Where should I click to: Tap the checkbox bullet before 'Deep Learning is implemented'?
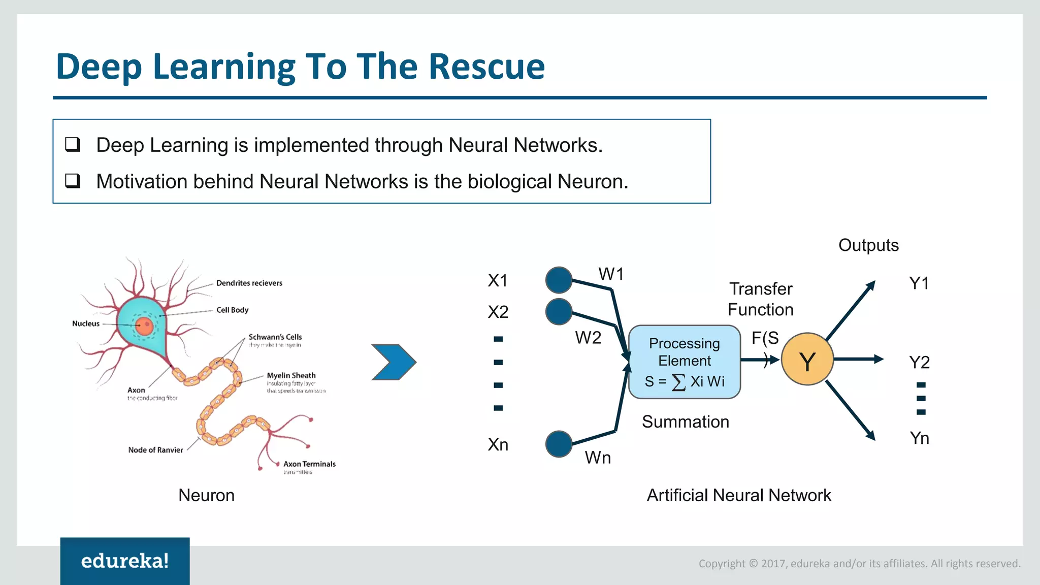pyautogui.click(x=73, y=145)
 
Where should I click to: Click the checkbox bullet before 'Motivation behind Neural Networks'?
pyautogui.click(x=73, y=181)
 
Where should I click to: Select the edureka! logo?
pyautogui.click(x=125, y=561)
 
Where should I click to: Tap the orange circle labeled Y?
pyautogui.click(x=807, y=360)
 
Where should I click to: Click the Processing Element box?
pyautogui.click(x=684, y=362)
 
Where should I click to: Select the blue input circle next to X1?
pyautogui.click(x=559, y=280)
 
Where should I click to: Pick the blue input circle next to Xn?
pyautogui.click(x=559, y=444)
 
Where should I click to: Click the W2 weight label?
pyautogui.click(x=588, y=338)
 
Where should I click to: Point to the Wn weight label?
pyautogui.click(x=598, y=458)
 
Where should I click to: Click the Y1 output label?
pyautogui.click(x=919, y=283)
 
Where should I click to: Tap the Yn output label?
pyautogui.click(x=919, y=438)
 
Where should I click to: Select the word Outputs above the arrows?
pyautogui.click(x=868, y=245)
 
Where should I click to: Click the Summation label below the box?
pyautogui.click(x=685, y=422)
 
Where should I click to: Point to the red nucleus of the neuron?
pyautogui.click(x=145, y=326)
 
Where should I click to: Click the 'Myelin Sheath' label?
pyautogui.click(x=291, y=375)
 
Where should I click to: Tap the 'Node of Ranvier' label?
pyautogui.click(x=155, y=450)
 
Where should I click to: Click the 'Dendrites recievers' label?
pyautogui.click(x=249, y=283)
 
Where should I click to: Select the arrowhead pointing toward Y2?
pyautogui.click(x=879, y=359)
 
